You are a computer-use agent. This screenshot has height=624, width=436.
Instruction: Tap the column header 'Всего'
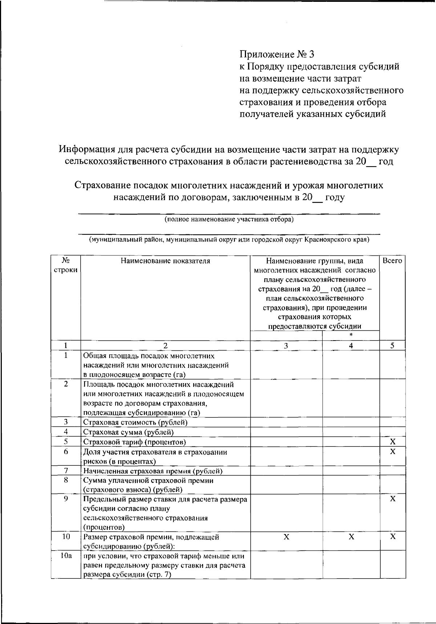tap(392, 261)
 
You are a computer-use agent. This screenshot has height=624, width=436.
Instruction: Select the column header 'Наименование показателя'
tap(165, 261)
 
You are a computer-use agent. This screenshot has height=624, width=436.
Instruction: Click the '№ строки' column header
tap(66, 265)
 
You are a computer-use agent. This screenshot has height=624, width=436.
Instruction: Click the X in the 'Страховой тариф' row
tap(392, 442)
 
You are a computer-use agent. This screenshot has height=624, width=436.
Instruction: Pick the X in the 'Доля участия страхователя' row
tap(392, 452)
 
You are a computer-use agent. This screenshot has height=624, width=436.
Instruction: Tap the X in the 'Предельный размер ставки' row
tap(392, 499)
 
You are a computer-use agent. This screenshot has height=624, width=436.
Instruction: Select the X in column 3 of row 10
tap(286, 537)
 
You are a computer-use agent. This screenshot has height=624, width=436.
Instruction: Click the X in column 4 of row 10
tap(351, 537)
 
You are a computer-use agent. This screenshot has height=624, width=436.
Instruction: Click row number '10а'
tap(66, 556)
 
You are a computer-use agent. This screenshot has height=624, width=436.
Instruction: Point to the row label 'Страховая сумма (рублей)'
tap(129, 432)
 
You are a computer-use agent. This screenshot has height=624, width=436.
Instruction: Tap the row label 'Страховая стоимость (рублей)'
tap(135, 422)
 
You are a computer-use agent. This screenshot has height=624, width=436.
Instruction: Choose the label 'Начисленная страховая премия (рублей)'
tap(153, 471)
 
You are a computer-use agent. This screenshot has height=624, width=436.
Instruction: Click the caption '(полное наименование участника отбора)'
tap(229, 219)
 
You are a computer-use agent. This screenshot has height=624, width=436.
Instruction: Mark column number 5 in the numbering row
tap(392, 346)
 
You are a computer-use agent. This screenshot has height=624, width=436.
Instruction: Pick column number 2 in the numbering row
tap(165, 346)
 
